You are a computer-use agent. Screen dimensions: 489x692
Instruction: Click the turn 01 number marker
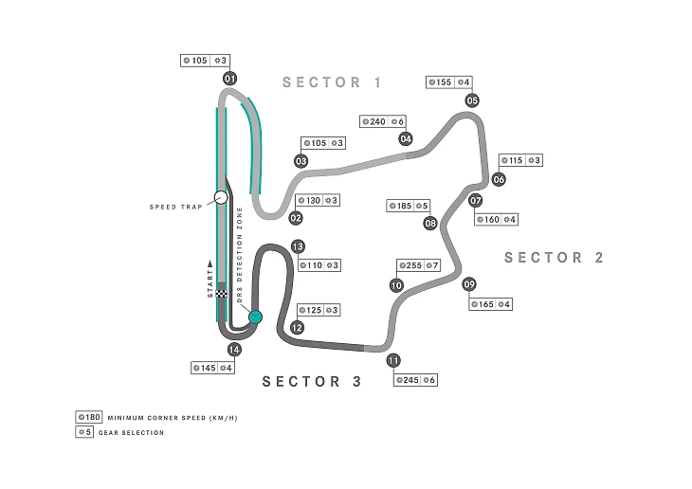(229, 79)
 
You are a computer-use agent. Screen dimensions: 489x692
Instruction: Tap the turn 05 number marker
(472, 100)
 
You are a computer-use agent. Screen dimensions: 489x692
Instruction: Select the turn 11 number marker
(393, 360)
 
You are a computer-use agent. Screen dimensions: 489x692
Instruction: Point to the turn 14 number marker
(234, 349)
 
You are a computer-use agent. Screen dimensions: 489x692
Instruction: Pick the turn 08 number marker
(430, 224)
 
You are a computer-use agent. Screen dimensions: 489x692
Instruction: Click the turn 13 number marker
(298, 246)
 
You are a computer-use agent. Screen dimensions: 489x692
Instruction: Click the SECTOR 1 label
(332, 82)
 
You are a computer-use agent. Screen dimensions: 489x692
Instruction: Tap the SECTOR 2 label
(554, 257)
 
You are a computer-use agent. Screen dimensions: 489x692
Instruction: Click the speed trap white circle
(221, 197)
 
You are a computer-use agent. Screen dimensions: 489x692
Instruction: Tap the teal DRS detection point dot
(254, 317)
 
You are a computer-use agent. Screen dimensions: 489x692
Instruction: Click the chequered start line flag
(221, 295)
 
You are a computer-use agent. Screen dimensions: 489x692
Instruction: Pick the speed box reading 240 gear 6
(384, 121)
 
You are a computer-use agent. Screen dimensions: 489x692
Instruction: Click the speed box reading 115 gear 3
(520, 160)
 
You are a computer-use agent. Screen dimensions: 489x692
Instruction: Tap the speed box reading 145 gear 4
(212, 368)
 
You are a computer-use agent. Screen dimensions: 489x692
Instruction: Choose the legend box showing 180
(88, 417)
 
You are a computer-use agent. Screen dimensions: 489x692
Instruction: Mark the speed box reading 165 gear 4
(491, 304)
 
